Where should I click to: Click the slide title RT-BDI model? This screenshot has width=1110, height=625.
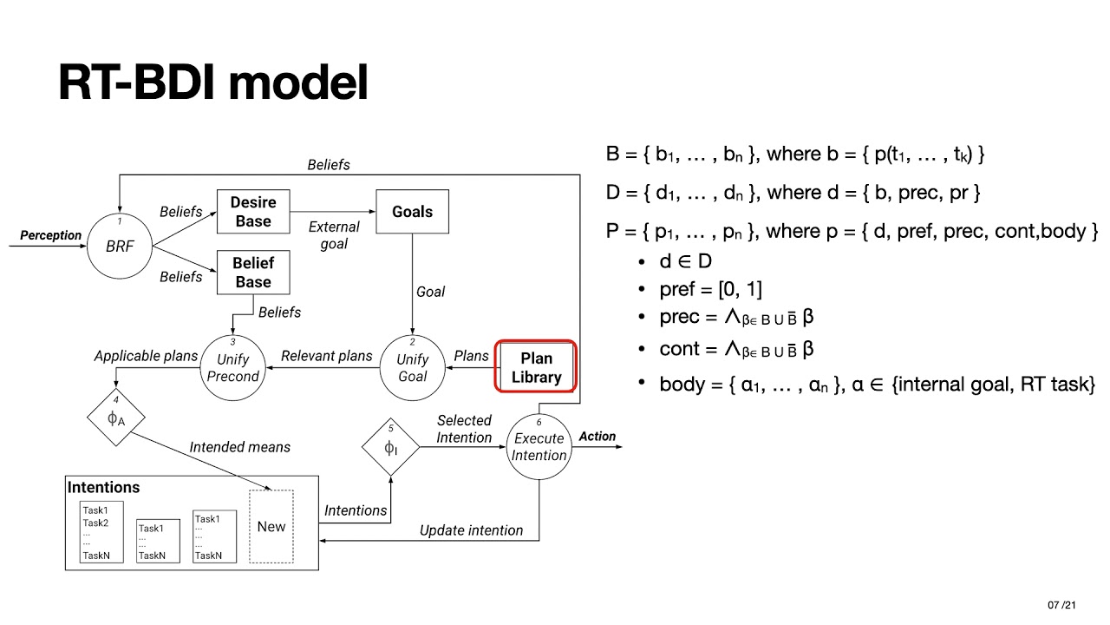(x=213, y=82)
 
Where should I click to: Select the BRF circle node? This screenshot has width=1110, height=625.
(x=120, y=247)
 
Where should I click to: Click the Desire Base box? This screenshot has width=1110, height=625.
(x=252, y=212)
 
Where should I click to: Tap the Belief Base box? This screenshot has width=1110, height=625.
(x=252, y=273)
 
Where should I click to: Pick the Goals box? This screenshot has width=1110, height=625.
(x=412, y=212)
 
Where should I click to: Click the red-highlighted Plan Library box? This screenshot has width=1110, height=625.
(x=536, y=367)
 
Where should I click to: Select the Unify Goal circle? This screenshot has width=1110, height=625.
(x=412, y=367)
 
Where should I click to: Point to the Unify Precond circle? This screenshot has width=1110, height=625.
(x=232, y=367)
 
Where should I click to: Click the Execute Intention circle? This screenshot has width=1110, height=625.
(x=539, y=446)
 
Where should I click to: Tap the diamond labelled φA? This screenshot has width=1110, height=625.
(x=115, y=418)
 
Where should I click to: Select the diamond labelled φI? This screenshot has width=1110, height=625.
(x=390, y=446)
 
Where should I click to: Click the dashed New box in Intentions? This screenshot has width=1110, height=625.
(x=271, y=526)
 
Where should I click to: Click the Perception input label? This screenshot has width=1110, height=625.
(x=50, y=235)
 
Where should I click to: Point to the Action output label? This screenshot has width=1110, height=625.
(x=597, y=437)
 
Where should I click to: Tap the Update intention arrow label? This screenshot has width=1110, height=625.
(x=471, y=530)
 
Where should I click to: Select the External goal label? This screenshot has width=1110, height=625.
(x=334, y=235)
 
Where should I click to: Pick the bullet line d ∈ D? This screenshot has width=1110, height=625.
(x=685, y=261)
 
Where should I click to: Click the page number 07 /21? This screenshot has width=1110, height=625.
(x=1061, y=605)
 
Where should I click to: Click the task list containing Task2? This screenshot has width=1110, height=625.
(x=101, y=531)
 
